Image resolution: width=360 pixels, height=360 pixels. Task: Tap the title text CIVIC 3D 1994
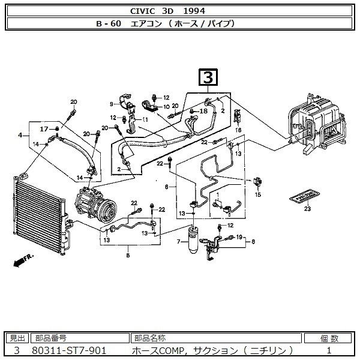(180, 11)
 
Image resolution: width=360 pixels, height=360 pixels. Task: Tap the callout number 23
(307, 209)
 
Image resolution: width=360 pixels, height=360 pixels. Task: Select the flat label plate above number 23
(304, 197)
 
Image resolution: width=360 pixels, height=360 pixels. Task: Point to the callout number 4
(20, 136)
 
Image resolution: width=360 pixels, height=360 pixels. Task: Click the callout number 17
(44, 129)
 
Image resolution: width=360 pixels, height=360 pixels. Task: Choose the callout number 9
(111, 104)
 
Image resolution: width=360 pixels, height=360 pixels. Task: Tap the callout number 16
(238, 130)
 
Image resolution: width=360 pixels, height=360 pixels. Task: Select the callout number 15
(259, 194)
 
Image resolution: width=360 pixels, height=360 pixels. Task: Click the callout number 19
(238, 238)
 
